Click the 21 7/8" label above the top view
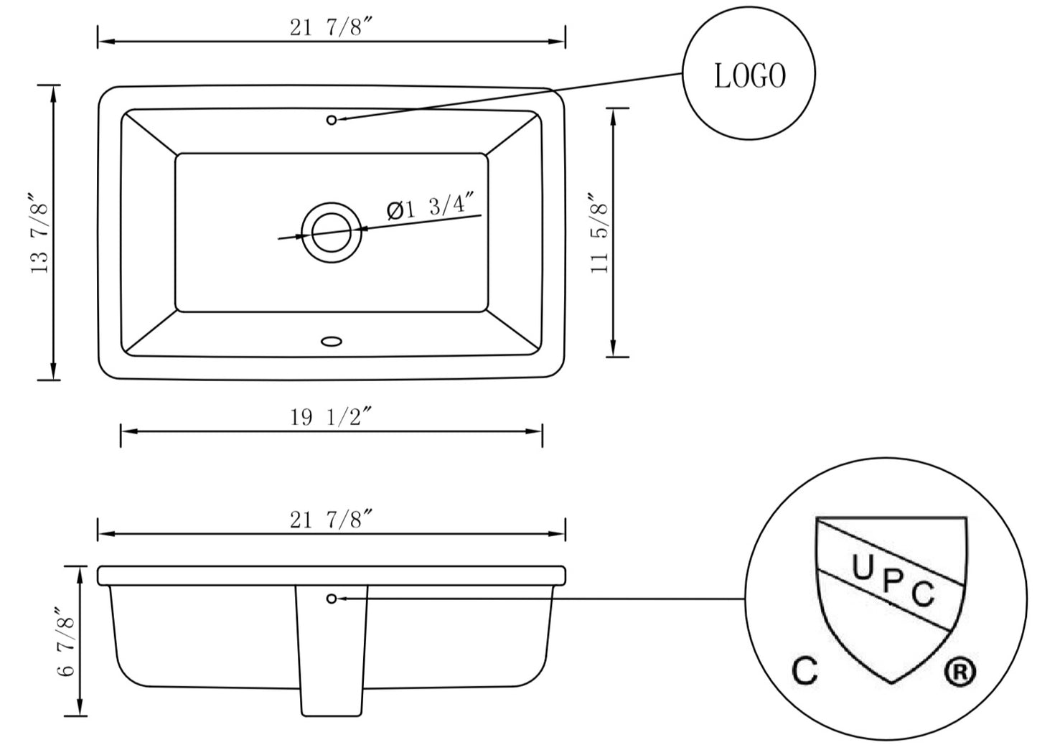pyautogui.click(x=331, y=27)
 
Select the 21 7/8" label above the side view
pyautogui.click(x=331, y=519)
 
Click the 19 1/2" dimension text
pyautogui.click(x=331, y=417)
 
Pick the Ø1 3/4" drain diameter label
pyautogui.click(x=433, y=208)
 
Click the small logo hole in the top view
pyautogui.click(x=332, y=120)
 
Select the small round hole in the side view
pyautogui.click(x=332, y=598)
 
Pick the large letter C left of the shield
pyautogui.click(x=805, y=670)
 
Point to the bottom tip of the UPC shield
pyautogui.click(x=891, y=680)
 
